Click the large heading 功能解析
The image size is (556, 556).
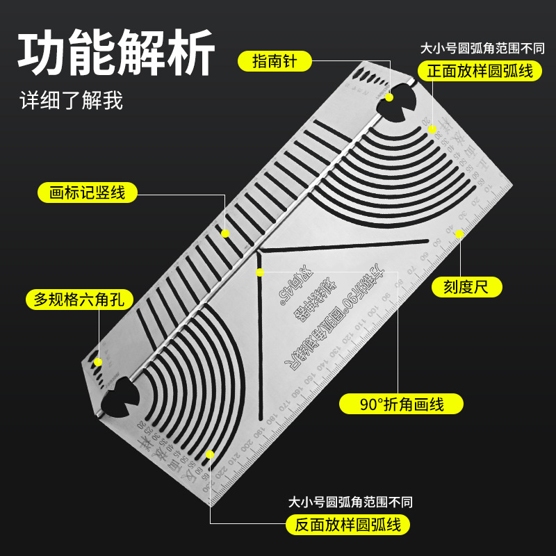[115, 54]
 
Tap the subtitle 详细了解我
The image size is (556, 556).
[71, 101]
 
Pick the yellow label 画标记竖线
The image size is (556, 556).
[88, 193]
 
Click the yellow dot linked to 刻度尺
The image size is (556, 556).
[459, 234]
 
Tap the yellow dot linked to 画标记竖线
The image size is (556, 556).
[225, 233]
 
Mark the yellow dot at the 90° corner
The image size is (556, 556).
[259, 270]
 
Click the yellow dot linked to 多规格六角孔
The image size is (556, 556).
[98, 361]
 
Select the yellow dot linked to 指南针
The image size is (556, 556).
[391, 98]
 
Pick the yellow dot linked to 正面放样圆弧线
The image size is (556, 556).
[432, 129]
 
